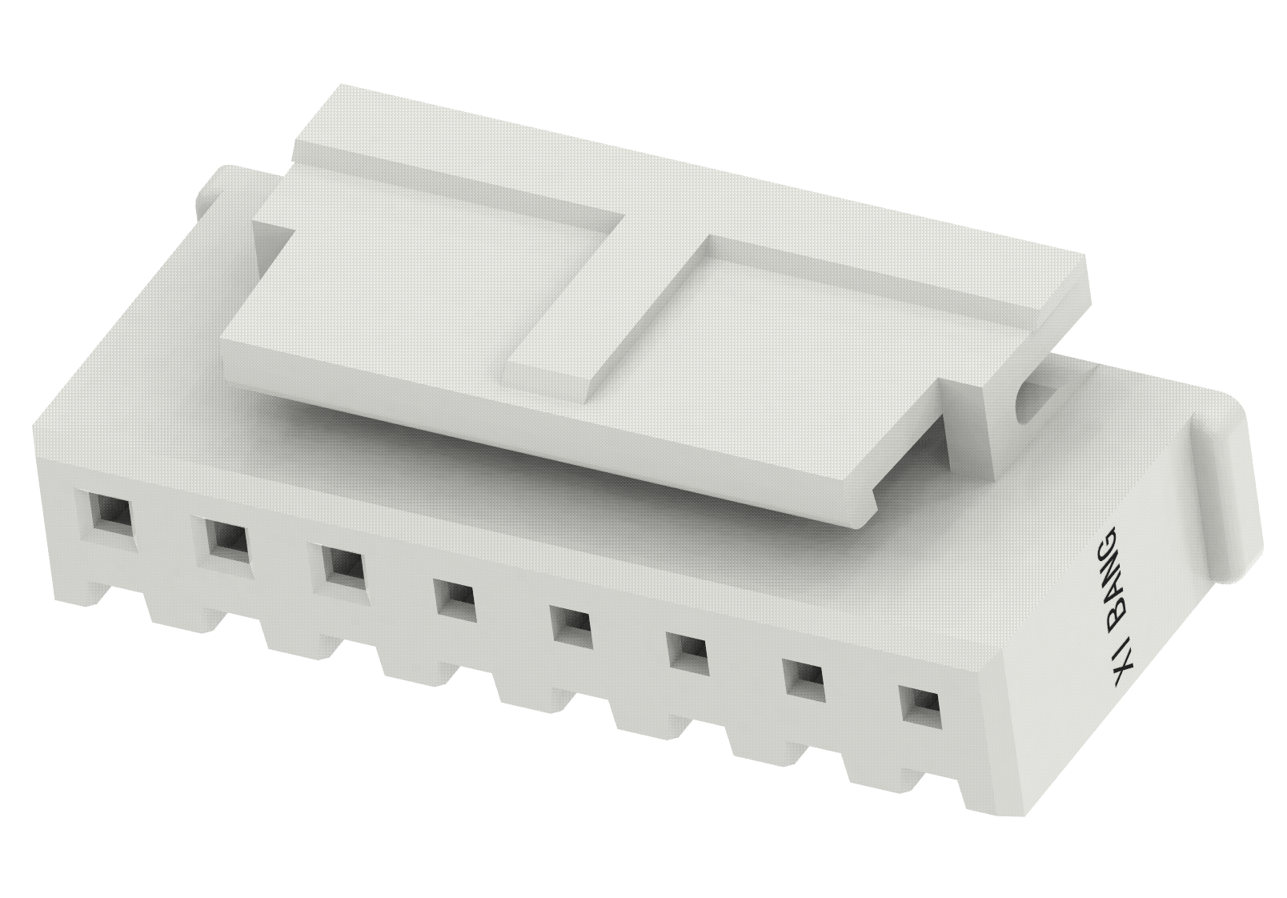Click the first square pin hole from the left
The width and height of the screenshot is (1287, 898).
[x=108, y=512]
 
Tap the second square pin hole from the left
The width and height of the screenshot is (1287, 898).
[x=227, y=539]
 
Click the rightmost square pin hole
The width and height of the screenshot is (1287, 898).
[x=919, y=704]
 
